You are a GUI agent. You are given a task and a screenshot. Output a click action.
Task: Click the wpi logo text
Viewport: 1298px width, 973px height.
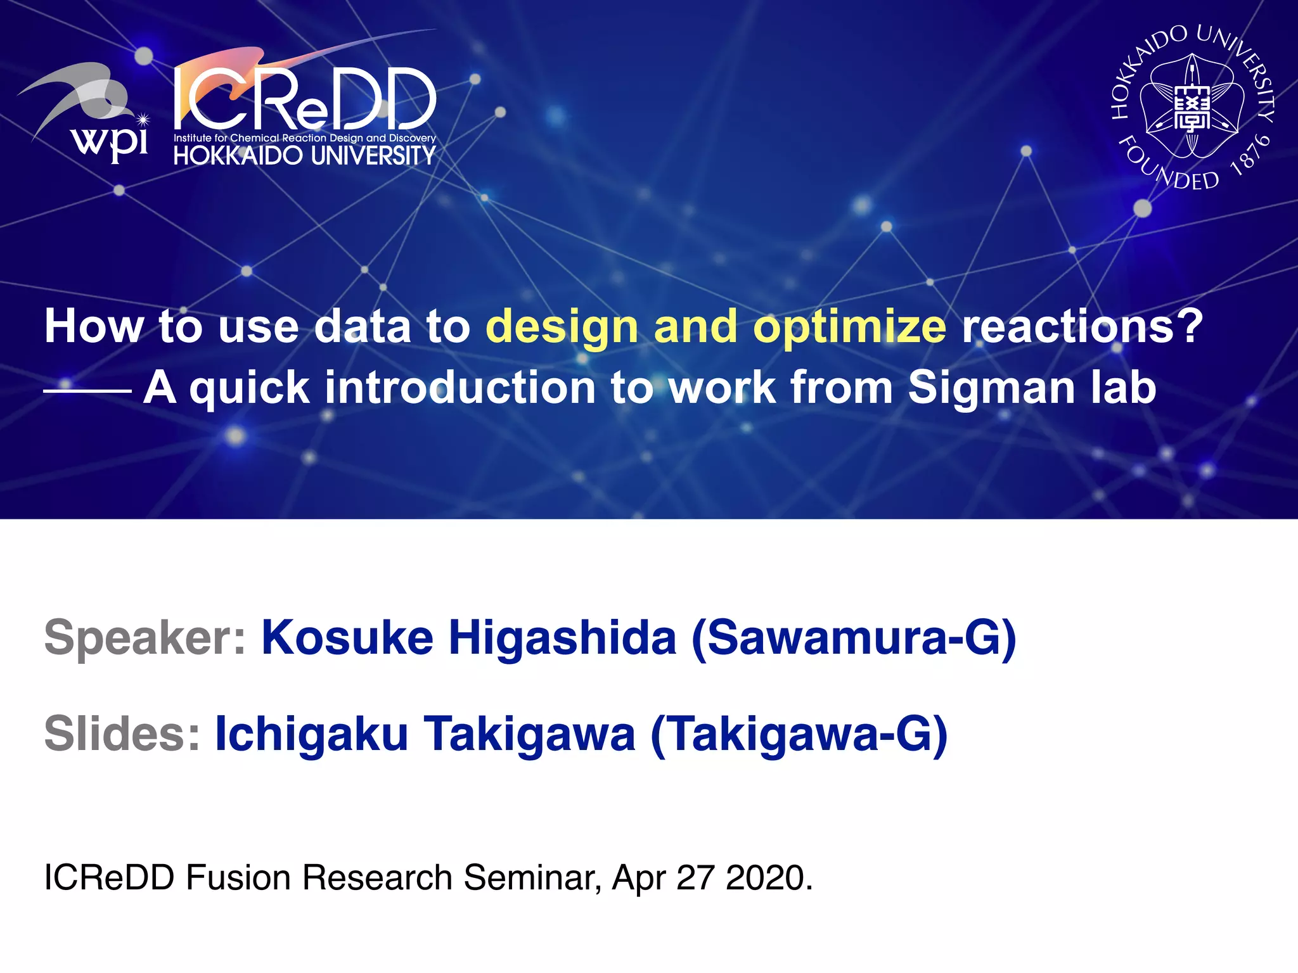[111, 141]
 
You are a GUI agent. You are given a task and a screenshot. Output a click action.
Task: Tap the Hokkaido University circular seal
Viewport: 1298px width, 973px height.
[1192, 108]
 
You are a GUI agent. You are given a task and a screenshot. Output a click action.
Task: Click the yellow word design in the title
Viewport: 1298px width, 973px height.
[562, 327]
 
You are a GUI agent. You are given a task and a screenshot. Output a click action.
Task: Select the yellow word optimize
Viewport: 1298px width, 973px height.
[849, 327]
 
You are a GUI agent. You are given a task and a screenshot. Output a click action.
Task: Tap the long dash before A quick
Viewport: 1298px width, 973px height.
[87, 391]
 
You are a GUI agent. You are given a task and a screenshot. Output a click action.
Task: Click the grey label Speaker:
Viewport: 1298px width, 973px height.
[145, 638]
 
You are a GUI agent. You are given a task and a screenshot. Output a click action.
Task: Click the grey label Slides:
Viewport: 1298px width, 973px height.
[122, 734]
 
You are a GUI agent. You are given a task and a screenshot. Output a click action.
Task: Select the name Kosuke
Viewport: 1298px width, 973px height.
[347, 637]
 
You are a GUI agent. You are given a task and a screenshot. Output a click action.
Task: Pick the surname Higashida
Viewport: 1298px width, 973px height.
[563, 637]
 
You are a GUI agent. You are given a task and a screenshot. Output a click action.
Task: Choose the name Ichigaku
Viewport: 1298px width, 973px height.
[311, 734]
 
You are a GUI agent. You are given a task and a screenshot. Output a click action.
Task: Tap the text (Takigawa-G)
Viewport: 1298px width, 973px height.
[799, 734]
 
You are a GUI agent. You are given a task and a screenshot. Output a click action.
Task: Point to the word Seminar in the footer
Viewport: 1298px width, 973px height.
[532, 878]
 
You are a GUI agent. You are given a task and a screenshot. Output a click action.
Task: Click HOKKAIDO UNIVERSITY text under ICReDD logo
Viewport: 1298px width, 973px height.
[305, 155]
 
